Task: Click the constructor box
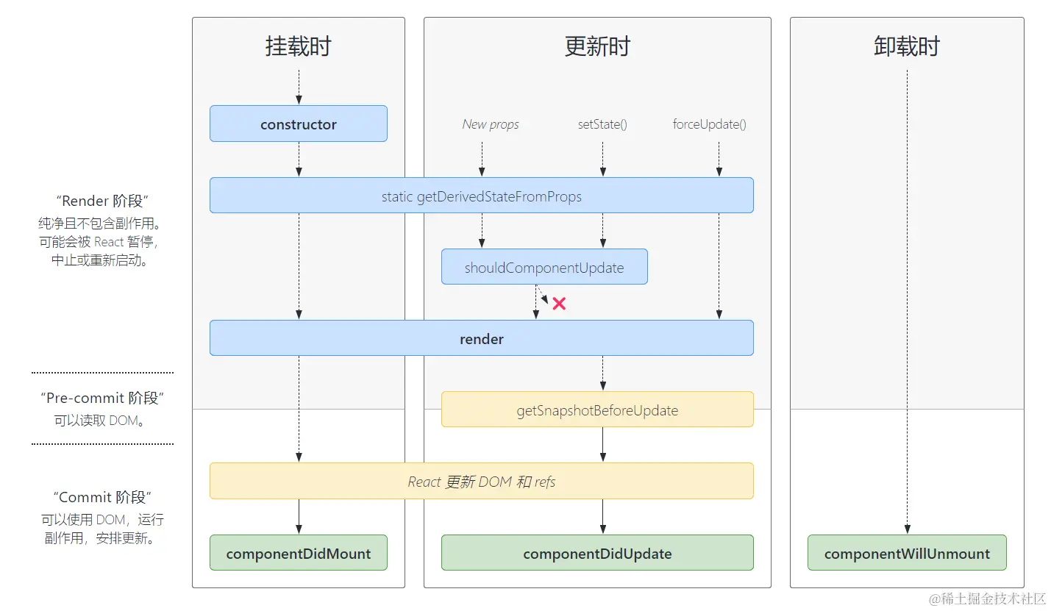pyautogui.click(x=298, y=124)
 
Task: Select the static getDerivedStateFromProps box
pyautogui.click(x=481, y=196)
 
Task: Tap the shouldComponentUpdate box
pyautogui.click(x=544, y=267)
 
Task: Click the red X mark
pyautogui.click(x=559, y=303)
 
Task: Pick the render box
pyautogui.click(x=481, y=338)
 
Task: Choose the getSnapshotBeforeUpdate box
pyautogui.click(x=597, y=410)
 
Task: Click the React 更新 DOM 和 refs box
pyautogui.click(x=481, y=482)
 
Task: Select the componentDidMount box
pyautogui.click(x=298, y=553)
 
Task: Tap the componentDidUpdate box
pyautogui.click(x=597, y=553)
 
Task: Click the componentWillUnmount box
pyautogui.click(x=907, y=553)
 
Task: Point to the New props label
pyautogui.click(x=491, y=124)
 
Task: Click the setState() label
pyautogui.click(x=602, y=124)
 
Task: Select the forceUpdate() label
pyautogui.click(x=709, y=124)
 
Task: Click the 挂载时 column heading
pyautogui.click(x=298, y=46)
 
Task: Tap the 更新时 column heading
pyautogui.click(x=597, y=46)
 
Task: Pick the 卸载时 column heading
pyautogui.click(x=907, y=46)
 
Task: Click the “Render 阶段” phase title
pyautogui.click(x=102, y=201)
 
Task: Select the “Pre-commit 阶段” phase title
pyautogui.click(x=102, y=398)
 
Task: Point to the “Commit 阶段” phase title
pyautogui.click(x=102, y=497)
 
